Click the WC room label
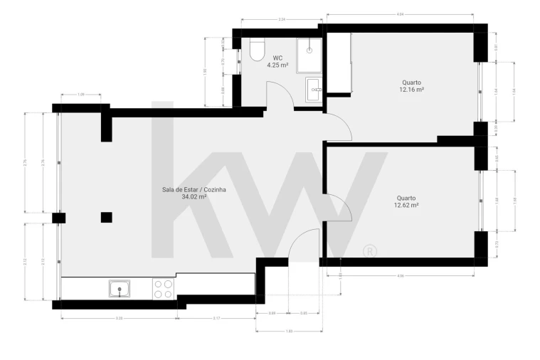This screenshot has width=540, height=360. click(277, 58)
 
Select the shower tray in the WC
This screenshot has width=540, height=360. click(309, 54)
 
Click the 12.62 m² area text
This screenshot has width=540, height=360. click(406, 205)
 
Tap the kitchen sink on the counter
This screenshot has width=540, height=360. click(119, 289)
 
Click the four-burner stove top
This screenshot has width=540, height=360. click(163, 288)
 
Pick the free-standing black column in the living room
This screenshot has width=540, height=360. click(106, 217)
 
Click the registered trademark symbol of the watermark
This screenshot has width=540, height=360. click(369, 250)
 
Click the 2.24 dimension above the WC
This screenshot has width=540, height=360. click(282, 19)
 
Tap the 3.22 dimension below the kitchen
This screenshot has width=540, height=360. click(119, 318)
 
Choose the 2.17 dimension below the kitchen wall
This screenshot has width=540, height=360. click(216, 318)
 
